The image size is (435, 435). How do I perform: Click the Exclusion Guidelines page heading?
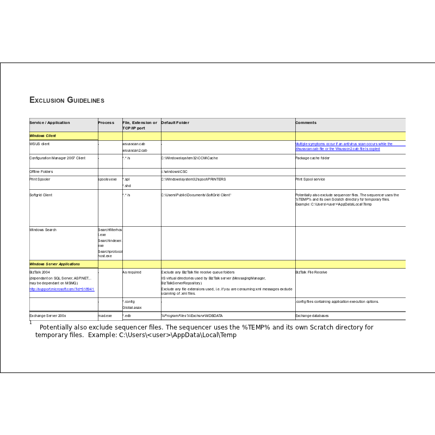[66, 100]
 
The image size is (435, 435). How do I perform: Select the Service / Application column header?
[49, 123]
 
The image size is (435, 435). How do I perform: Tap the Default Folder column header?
[175, 123]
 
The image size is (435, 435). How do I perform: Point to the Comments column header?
[306, 123]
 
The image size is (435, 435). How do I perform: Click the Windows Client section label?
[42, 135]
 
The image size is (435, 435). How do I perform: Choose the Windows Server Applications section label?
[54, 264]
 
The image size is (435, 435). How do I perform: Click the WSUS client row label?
[39, 144]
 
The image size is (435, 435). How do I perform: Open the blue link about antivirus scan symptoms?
[344, 146]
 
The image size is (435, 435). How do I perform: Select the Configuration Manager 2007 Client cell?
[57, 158]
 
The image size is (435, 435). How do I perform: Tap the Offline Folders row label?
[41, 172]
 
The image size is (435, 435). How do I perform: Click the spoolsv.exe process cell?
[107, 179]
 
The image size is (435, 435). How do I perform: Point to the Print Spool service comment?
[310, 179]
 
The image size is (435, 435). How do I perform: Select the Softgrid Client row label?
[41, 195]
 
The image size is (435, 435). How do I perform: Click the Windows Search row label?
[43, 230]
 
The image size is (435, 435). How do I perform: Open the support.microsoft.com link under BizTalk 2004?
[61, 289]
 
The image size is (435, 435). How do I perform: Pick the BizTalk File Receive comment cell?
[311, 272]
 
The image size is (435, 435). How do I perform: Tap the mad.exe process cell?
[105, 315]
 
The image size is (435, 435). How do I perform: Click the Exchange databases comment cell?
[312, 315]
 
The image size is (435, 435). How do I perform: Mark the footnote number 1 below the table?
[30, 322]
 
